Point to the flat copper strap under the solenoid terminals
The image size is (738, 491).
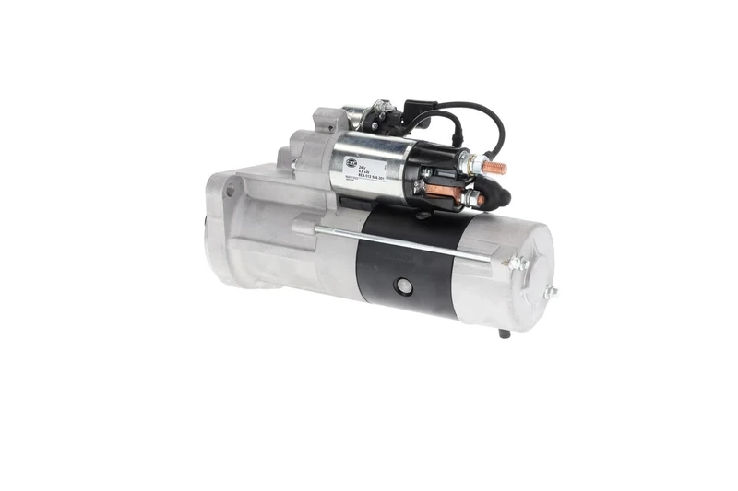pyautogui.click(x=441, y=190)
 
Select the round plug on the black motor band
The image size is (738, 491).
pyautogui.click(x=402, y=286)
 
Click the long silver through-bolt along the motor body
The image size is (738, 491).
pyautogui.click(x=406, y=241)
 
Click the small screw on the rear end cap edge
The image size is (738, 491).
pyautogui.click(x=551, y=293)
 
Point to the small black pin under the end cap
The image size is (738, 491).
pyautogui.click(x=503, y=333)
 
